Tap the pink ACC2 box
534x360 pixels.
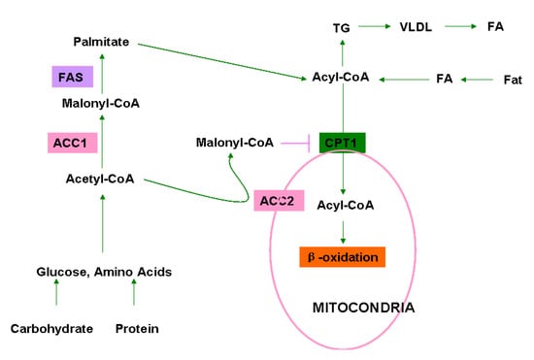(279, 201)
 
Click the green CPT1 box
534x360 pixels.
(344, 144)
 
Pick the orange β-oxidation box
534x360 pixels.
(343, 257)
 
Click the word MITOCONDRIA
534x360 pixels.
(363, 308)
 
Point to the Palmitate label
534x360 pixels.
(104, 43)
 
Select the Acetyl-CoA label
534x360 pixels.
(100, 179)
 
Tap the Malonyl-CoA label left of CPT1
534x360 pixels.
(234, 143)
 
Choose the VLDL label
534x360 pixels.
(410, 30)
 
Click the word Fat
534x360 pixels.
(512, 78)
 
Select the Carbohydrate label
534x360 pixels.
(52, 329)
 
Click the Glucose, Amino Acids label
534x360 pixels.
(104, 272)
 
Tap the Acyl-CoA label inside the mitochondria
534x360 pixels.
(344, 205)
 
